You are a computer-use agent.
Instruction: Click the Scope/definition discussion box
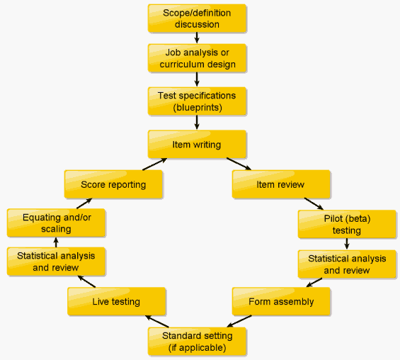point(197,18)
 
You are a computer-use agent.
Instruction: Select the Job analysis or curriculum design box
point(197,58)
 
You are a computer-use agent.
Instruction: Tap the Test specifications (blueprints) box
point(197,101)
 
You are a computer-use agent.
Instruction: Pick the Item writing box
point(197,145)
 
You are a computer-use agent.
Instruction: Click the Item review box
point(281,184)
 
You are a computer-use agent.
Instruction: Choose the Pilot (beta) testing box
point(347,225)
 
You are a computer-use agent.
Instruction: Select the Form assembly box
point(281,301)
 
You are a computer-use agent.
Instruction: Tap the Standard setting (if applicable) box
point(197,342)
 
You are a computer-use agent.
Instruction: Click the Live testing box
point(117,301)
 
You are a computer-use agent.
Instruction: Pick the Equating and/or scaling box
point(56,223)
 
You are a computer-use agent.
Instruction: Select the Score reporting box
point(113,184)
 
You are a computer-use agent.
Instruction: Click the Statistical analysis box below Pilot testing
point(347,264)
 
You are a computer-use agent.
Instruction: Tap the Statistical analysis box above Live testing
point(56,261)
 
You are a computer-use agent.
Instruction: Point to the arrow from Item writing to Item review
point(239,164)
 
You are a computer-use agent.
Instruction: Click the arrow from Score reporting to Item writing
point(154,164)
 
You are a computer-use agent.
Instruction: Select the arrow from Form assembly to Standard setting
point(239,321)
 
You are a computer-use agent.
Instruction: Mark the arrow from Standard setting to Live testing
point(157,322)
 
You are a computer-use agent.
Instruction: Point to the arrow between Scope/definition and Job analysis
point(197,38)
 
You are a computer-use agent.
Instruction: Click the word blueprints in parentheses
point(198,108)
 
